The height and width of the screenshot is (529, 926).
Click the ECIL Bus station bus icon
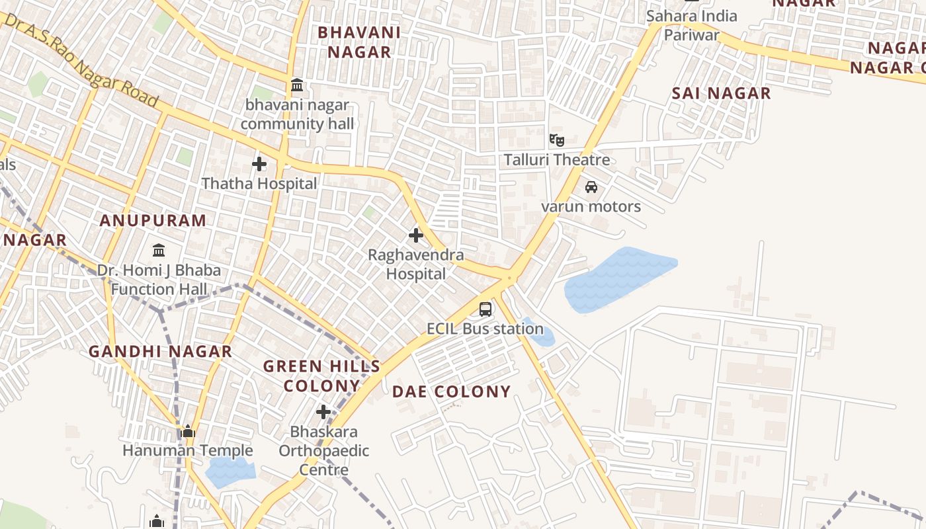(485, 309)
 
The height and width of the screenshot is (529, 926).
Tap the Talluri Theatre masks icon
(557, 140)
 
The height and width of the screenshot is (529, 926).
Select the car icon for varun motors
(591, 187)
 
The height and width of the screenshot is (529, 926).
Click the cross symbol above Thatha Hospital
(259, 163)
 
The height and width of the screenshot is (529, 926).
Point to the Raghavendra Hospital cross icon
(416, 235)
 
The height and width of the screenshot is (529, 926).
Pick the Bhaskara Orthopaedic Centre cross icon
(323, 412)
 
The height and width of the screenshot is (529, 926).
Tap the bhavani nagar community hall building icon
(297, 85)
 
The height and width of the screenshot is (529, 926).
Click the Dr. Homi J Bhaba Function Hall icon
(159, 251)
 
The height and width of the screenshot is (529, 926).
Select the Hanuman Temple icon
(188, 432)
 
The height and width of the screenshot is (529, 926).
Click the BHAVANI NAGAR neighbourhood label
(359, 42)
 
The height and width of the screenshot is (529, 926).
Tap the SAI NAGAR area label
(721, 93)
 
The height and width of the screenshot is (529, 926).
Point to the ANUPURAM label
(153, 221)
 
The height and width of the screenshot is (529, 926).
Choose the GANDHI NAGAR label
(161, 351)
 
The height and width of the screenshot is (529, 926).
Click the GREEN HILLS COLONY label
(322, 376)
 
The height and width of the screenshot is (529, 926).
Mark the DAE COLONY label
(452, 391)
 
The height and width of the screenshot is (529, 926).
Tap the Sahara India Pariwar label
(692, 25)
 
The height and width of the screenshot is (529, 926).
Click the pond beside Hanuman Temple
(230, 472)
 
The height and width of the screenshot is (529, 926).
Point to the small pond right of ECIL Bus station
(542, 334)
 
